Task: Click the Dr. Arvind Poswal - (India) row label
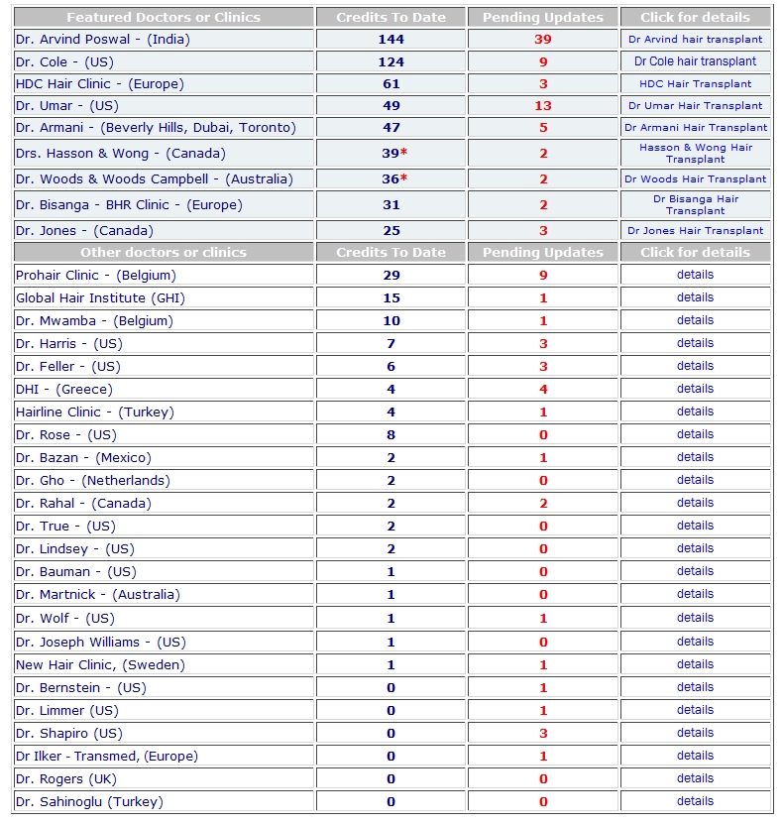102,40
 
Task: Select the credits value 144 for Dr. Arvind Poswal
391,40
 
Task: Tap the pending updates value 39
542,40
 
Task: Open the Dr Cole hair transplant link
695,61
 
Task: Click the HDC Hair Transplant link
695,84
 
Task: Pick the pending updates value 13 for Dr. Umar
542,106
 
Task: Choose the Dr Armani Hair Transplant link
695,128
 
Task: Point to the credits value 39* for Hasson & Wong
393,154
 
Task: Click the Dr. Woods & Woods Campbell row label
154,179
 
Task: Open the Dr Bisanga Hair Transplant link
695,204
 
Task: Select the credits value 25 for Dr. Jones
391,231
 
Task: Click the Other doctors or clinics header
163,253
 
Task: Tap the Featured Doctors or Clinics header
163,18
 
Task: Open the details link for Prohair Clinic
695,275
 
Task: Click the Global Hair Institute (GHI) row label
100,298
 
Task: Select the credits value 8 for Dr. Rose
391,435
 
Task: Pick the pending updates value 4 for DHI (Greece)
542,390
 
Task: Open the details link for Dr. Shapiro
695,733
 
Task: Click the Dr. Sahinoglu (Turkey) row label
89,802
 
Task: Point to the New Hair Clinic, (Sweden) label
100,665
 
